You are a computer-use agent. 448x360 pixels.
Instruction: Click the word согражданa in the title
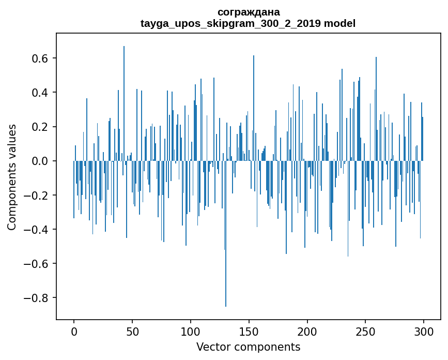click(248, 12)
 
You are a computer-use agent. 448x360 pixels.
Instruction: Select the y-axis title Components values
click(11, 177)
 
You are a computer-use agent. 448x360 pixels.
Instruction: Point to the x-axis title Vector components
click(248, 347)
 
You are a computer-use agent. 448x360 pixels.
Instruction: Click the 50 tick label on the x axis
click(132, 331)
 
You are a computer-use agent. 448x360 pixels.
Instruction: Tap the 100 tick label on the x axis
click(191, 331)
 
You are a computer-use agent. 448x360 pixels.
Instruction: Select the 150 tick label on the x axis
click(249, 331)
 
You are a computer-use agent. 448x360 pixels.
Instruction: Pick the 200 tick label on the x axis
click(307, 331)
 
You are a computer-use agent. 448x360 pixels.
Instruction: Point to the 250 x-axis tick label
click(365, 331)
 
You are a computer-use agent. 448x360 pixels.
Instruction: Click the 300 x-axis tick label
click(424, 331)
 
